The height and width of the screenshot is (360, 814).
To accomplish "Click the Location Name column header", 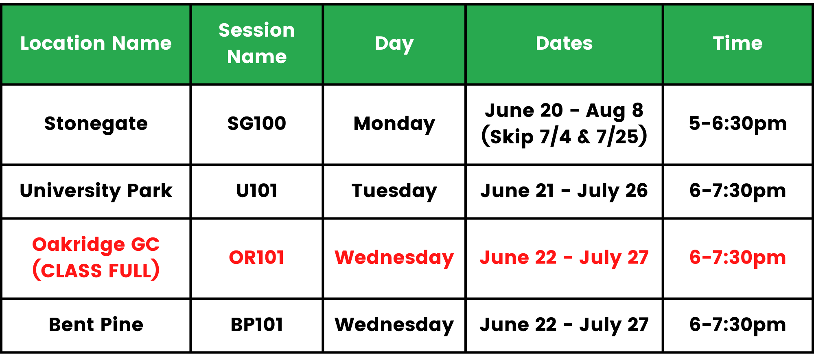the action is click(x=96, y=43).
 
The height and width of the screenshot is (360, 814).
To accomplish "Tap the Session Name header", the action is click(x=257, y=43).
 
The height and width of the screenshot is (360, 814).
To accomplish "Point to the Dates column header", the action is click(x=564, y=43).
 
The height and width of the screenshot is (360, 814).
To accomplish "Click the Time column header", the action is click(x=737, y=43).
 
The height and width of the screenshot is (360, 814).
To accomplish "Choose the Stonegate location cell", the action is click(x=96, y=124).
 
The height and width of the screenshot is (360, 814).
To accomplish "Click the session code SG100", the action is click(x=257, y=123).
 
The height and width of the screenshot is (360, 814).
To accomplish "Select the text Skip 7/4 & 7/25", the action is click(x=564, y=137).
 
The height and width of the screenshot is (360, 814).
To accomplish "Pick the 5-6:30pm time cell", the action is click(x=737, y=124).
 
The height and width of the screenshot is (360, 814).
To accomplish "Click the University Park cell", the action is click(x=96, y=191).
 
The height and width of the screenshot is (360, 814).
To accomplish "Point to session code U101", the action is click(x=257, y=191).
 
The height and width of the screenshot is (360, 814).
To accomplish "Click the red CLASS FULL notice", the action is click(x=96, y=270).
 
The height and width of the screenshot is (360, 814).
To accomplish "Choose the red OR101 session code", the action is click(x=257, y=257).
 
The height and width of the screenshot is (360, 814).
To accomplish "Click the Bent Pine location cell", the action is click(x=96, y=325).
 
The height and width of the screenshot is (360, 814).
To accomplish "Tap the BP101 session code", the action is click(x=257, y=325).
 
